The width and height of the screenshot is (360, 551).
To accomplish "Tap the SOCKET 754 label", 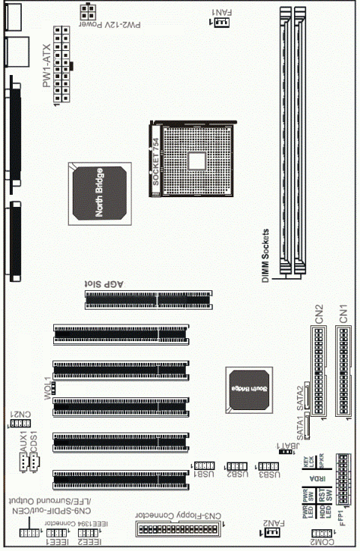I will pos(155,160).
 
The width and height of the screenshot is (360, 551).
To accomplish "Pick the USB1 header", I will pos(205,465).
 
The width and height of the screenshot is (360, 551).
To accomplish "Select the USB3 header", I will pos(268,465).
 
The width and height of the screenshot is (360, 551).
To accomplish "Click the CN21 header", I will pos(16,423).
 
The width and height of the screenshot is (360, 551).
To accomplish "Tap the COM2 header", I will pos(321,533).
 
